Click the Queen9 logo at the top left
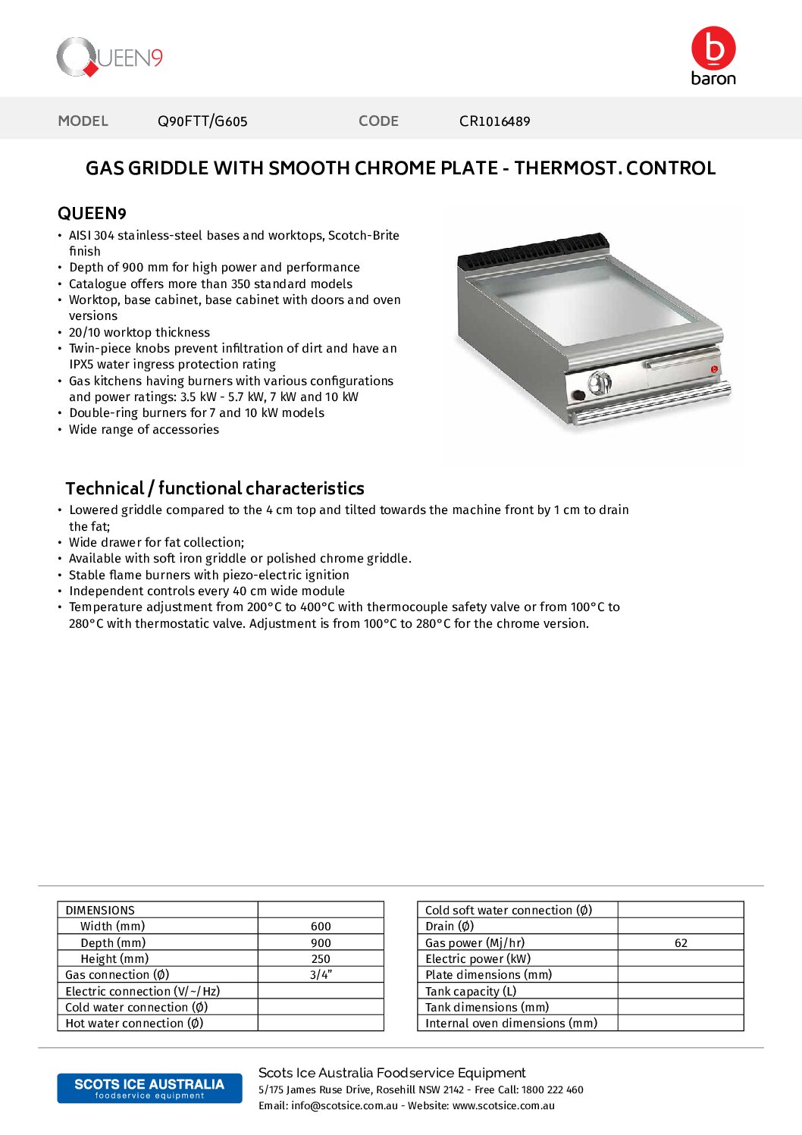pyautogui.click(x=109, y=58)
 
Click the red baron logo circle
pyautogui.click(x=713, y=48)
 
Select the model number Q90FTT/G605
pyautogui.click(x=202, y=121)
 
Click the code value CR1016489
pyautogui.click(x=494, y=121)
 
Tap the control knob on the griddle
pyautogui.click(x=600, y=383)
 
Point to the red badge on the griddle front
pyautogui.click(x=714, y=369)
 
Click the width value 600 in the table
pyautogui.click(x=321, y=926)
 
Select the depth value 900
pyautogui.click(x=321, y=943)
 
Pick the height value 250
pyautogui.click(x=321, y=959)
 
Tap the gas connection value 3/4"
pyautogui.click(x=321, y=975)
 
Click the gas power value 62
pyautogui.click(x=681, y=943)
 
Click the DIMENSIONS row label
pyautogui.click(x=100, y=911)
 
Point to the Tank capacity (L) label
pyautogui.click(x=471, y=992)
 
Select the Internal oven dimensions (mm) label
pyautogui.click(x=511, y=1024)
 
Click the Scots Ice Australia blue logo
pyautogui.click(x=149, y=1088)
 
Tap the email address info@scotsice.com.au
pyautogui.click(x=344, y=1106)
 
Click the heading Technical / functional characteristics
pyautogui.click(x=215, y=488)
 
